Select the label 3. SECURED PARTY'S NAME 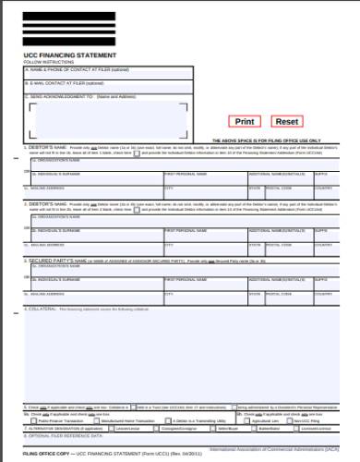(x=65, y=261)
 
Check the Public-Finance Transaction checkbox (x=34, y=420)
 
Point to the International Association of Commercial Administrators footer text (x=277, y=450)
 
